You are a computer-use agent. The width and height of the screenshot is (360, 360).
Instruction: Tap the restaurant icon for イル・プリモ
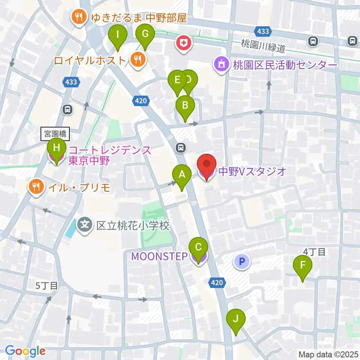point(36,186)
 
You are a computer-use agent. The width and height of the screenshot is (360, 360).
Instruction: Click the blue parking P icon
point(242,261)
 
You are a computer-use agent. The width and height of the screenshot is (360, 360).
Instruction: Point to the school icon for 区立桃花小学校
point(85,225)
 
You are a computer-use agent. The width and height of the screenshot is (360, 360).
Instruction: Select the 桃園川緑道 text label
point(264,48)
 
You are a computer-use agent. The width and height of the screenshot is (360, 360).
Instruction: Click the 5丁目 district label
point(46,286)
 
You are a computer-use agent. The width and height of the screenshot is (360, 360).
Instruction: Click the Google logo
point(25,351)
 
